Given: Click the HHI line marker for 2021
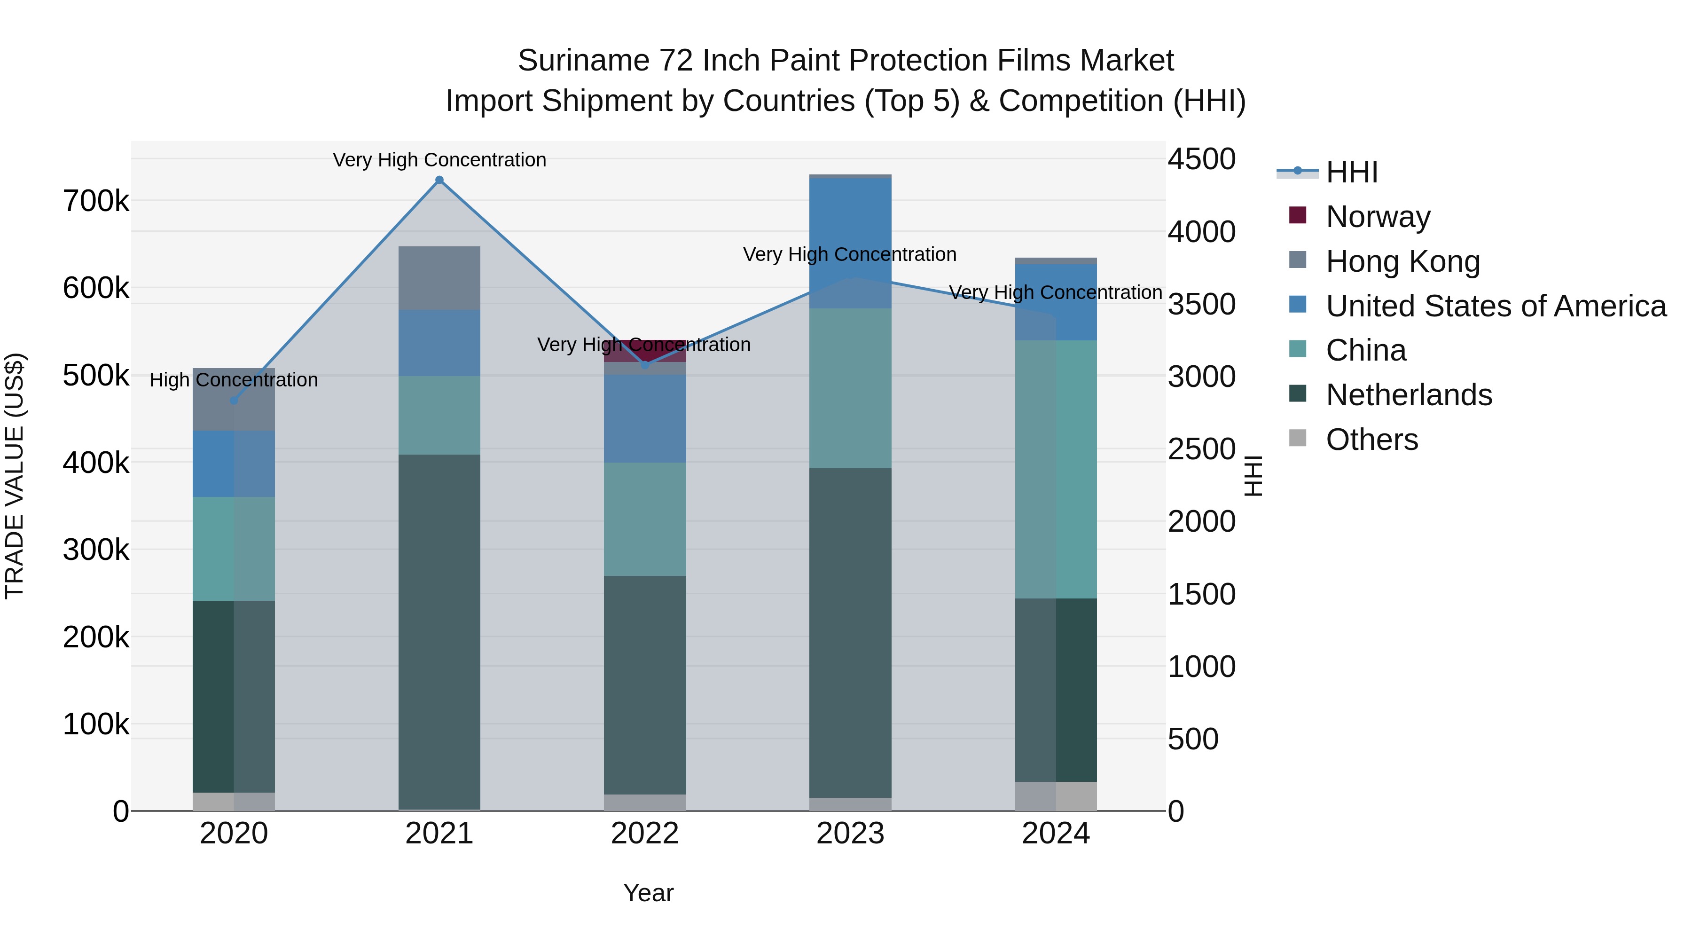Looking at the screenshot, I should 439,180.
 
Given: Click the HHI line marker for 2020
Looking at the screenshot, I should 234,400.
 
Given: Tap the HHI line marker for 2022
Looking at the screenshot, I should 645,365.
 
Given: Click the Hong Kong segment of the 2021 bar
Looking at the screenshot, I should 439,278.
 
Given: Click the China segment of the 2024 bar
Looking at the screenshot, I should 1056,469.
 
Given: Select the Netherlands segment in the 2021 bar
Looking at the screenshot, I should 439,632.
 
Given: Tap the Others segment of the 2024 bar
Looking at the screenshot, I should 1056,796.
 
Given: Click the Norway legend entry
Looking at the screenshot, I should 1378,217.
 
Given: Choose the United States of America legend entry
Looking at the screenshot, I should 1495,306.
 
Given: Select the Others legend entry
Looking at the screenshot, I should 1371,440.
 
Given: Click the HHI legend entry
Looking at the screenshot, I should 1351,172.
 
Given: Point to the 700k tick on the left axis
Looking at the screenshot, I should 96,201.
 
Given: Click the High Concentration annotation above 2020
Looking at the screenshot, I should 234,380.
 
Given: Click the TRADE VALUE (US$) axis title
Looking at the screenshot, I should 15,476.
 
